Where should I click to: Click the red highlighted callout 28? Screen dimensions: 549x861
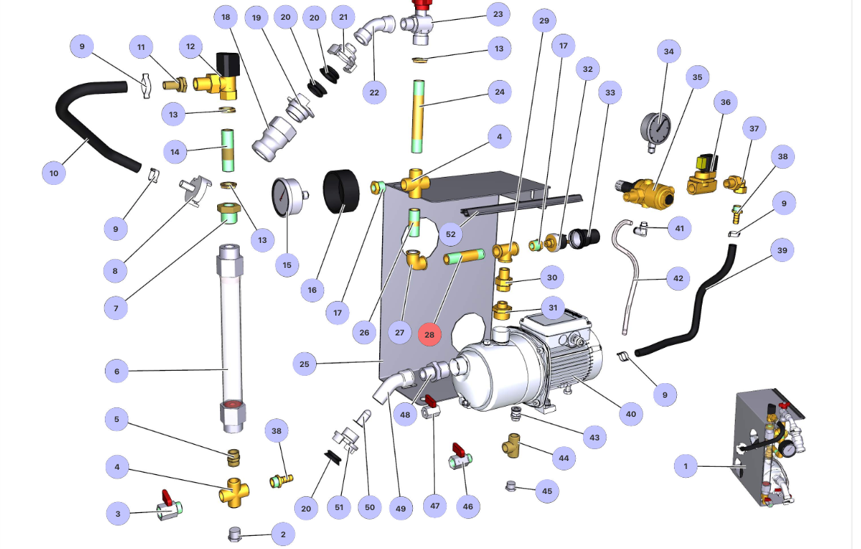click(x=430, y=334)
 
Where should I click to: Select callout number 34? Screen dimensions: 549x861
click(x=668, y=51)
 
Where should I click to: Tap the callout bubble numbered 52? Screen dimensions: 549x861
click(x=450, y=235)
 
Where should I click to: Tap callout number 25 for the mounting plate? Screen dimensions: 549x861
click(x=304, y=363)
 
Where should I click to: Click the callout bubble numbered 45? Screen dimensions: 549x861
click(x=546, y=490)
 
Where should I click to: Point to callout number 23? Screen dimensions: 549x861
click(x=498, y=15)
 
